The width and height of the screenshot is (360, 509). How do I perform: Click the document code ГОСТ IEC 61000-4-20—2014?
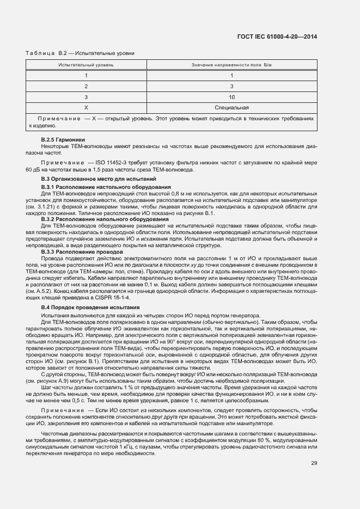click(x=277, y=37)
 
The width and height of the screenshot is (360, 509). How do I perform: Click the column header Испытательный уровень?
click(x=86, y=65)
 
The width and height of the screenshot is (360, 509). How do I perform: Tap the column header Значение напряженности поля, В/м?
click(x=231, y=65)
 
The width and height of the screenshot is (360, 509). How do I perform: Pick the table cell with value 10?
click(x=231, y=97)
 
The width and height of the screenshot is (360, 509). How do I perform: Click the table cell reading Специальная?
click(x=231, y=107)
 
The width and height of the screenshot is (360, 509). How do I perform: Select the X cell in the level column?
click(x=86, y=107)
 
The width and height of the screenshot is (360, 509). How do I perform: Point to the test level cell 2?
click(x=86, y=86)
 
